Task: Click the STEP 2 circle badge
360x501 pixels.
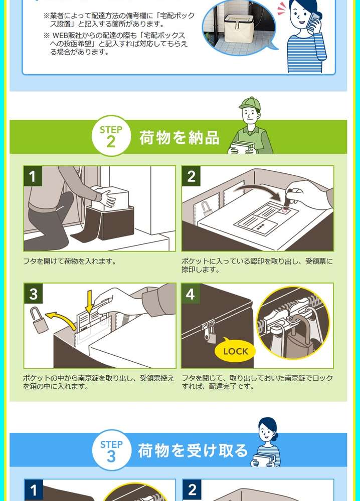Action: [111, 136]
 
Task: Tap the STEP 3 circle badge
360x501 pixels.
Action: [111, 450]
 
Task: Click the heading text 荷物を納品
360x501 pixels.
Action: [179, 137]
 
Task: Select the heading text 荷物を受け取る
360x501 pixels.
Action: [193, 450]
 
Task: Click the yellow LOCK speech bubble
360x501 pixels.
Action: [235, 350]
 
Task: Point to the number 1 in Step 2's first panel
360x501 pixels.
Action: [33, 176]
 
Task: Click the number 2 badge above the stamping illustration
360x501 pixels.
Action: [191, 176]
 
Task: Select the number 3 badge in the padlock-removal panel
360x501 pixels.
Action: [33, 293]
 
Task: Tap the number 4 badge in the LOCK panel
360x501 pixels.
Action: [191, 293]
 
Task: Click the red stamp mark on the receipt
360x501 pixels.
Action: [284, 210]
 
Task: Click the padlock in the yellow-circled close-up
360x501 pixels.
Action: [295, 339]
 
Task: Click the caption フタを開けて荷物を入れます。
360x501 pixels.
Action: [69, 262]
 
